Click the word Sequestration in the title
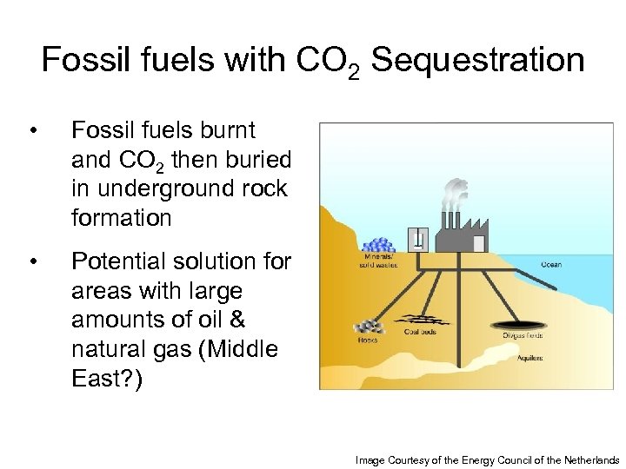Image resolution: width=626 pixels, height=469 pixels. click(477, 61)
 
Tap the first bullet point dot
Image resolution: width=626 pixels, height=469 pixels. click(32, 132)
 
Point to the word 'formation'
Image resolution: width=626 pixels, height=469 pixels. click(122, 217)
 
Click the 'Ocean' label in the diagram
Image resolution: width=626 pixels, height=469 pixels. click(551, 264)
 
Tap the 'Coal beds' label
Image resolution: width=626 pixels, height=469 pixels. click(421, 332)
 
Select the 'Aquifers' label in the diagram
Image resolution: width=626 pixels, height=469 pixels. click(530, 357)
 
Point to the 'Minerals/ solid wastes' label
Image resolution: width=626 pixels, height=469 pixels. click(376, 261)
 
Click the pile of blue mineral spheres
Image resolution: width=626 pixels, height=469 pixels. click(378, 245)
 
